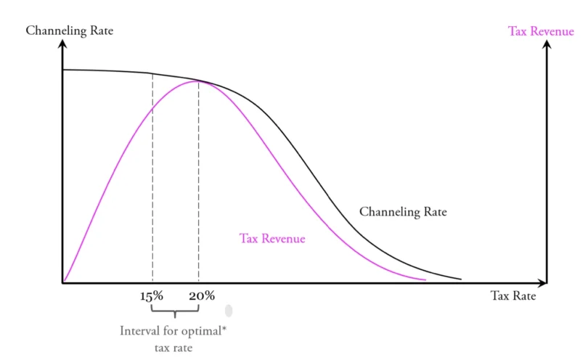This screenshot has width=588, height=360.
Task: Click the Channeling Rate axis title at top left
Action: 69,31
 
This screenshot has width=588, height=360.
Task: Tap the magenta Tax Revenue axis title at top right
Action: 542,30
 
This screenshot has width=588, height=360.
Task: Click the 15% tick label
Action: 152,296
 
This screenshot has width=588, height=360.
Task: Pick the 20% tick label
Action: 202,296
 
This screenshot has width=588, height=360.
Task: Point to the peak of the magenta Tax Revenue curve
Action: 197,81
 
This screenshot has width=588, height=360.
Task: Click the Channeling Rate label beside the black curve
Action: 403,213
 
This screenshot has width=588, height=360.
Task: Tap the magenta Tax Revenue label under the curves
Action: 272,238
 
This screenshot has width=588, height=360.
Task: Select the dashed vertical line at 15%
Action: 152,181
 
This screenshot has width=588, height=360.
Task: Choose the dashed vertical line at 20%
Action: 199,181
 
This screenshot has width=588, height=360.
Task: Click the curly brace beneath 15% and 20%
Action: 175,313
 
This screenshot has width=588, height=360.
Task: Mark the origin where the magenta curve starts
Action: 64,282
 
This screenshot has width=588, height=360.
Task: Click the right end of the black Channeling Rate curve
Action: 461,279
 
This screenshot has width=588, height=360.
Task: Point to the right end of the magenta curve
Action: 425,279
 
